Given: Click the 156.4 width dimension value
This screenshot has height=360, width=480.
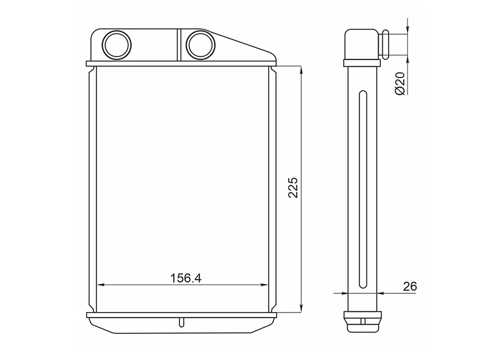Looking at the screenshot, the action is pos(186,278).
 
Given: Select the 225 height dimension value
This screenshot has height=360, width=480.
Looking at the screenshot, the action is pos(293,188).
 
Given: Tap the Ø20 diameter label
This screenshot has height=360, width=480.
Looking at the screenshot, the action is pos(400,83).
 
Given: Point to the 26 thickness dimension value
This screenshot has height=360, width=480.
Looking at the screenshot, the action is pos(410,286).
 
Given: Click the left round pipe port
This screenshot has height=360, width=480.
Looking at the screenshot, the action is pos(116,45).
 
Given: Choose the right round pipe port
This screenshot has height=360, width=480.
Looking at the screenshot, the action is pos(200,45).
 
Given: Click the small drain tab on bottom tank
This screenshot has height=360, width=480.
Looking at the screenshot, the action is pos(182,323).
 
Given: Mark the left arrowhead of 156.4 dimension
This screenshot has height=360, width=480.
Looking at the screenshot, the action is pos(101,284).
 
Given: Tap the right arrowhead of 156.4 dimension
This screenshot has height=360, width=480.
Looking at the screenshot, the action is pos(264,284).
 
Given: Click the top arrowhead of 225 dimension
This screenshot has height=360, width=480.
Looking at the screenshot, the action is pos(302,70).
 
